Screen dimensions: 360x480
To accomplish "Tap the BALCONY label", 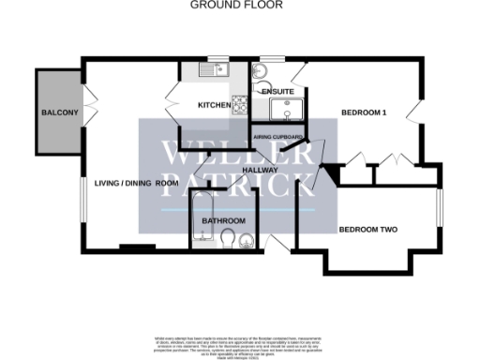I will pyautogui.click(x=58, y=112).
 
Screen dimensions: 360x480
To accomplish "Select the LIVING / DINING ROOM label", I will pyautogui.click(x=134, y=182).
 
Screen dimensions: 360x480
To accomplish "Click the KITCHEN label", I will pyautogui.click(x=214, y=105).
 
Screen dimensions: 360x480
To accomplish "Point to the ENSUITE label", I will pyautogui.click(x=277, y=90).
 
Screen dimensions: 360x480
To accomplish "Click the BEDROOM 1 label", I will pyautogui.click(x=364, y=112).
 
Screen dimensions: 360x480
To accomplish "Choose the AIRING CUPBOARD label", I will pyautogui.click(x=279, y=138).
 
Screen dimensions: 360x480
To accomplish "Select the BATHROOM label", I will pyautogui.click(x=225, y=221).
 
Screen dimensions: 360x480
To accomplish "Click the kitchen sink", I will pyautogui.click(x=209, y=68).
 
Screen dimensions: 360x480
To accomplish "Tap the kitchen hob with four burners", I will pyautogui.click(x=240, y=105).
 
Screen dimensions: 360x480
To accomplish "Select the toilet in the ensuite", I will pyautogui.click(x=261, y=71).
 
